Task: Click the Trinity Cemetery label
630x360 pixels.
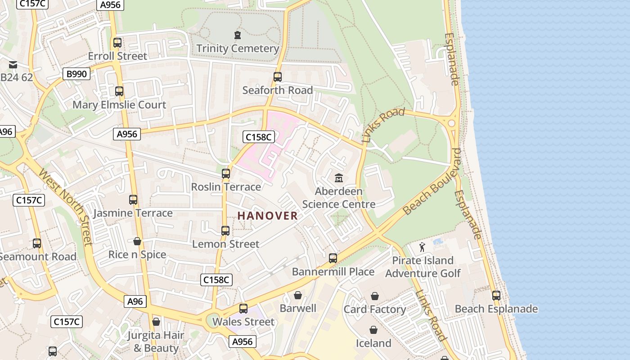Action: point(238,48)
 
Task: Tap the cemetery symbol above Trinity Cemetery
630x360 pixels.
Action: point(238,35)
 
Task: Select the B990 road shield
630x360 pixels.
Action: point(76,74)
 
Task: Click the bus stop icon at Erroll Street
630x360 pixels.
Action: point(117,43)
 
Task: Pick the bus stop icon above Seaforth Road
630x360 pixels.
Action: point(278,77)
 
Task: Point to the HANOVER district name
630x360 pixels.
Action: point(268,216)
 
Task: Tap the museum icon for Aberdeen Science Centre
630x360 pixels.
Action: point(338,178)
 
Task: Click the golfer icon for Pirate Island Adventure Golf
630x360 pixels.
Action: point(422,247)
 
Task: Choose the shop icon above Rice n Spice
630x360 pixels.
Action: point(137,242)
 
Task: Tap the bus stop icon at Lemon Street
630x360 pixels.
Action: point(225,231)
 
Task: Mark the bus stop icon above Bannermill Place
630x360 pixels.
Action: point(333,258)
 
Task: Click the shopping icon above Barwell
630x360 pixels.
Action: point(297,295)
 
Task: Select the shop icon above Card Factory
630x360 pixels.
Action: point(374,296)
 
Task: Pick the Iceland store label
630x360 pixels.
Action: point(373,343)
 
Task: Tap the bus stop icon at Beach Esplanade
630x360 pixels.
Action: point(496,296)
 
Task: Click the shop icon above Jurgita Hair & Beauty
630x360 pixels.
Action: point(156,322)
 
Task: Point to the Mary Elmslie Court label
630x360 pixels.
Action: point(119,105)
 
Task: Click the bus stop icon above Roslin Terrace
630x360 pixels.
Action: point(226,173)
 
